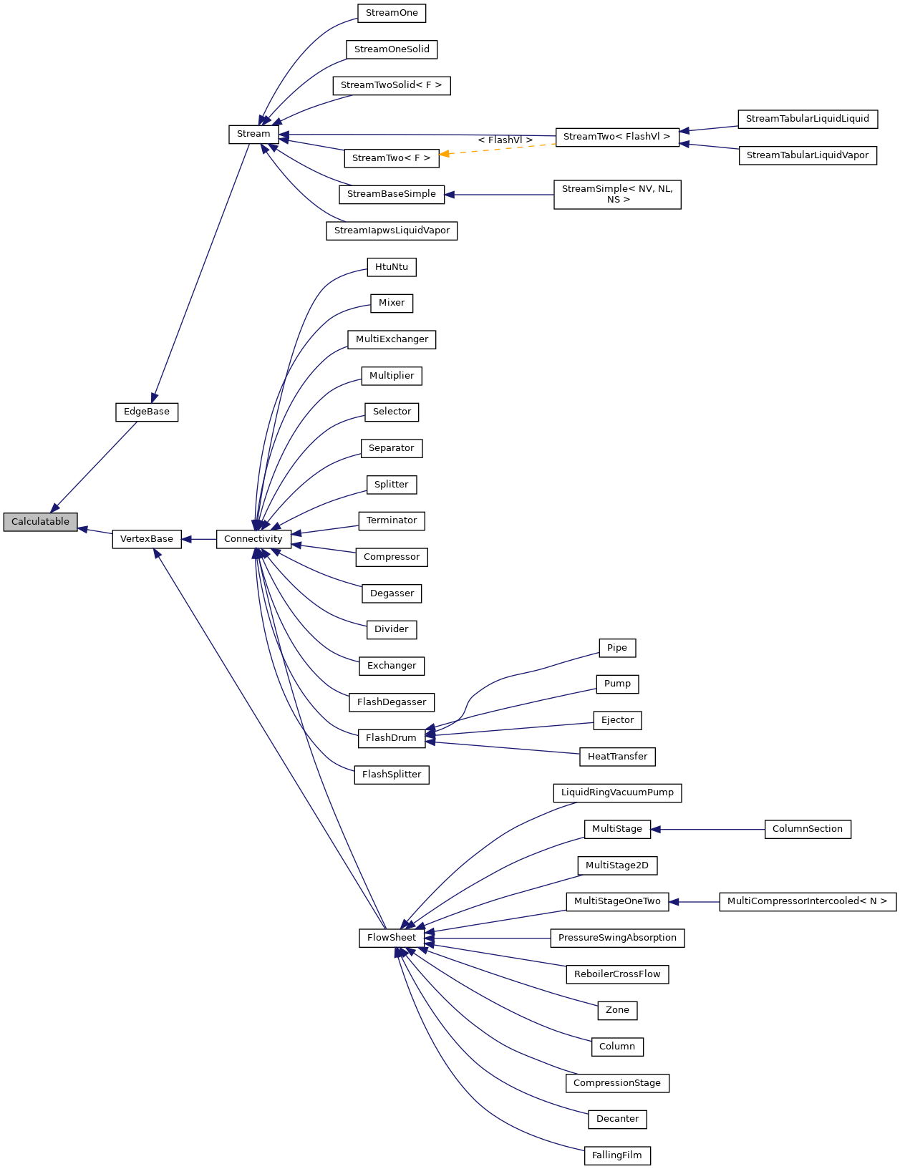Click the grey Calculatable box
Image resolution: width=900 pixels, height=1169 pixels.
pos(40,522)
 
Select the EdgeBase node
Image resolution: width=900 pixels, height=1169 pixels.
pos(146,412)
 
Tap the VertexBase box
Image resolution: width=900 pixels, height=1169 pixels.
pos(146,539)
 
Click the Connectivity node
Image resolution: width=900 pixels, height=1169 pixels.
pos(253,539)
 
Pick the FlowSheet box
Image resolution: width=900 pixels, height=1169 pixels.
pos(391,938)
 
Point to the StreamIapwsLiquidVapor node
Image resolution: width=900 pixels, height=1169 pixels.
pos(392,231)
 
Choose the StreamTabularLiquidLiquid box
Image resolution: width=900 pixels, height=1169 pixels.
pos(807,119)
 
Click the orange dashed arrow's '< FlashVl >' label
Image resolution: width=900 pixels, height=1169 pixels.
pos(505,140)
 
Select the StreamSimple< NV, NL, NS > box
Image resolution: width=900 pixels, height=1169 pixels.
pos(617,194)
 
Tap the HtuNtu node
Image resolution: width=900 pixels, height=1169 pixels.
pos(392,267)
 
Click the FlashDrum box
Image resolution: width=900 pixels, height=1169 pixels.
pos(391,738)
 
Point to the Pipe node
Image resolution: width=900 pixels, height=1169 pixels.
pos(616,648)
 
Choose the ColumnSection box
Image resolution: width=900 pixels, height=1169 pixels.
pos(807,829)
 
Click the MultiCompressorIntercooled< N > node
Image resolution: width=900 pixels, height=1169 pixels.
pos(807,901)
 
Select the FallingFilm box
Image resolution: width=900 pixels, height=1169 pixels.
pos(617,1155)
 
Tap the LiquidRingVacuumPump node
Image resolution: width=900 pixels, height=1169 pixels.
pos(617,792)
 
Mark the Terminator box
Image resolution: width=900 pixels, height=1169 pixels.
pos(392,520)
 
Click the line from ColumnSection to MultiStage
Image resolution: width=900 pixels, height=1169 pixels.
pos(709,829)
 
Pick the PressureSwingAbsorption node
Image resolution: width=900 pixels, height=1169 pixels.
pos(617,938)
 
